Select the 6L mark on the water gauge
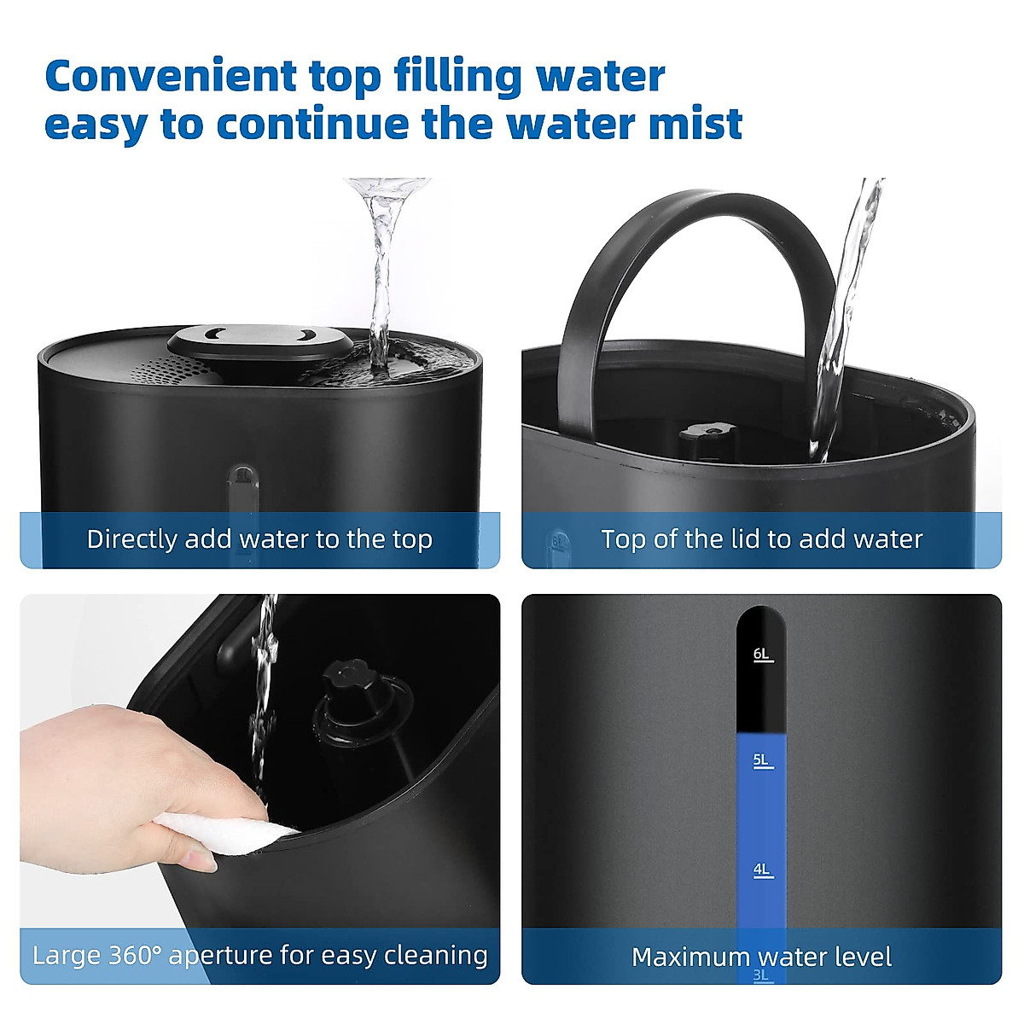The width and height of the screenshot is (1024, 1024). (762, 655)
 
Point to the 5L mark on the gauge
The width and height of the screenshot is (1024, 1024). (762, 760)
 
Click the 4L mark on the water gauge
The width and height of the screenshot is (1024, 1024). (762, 870)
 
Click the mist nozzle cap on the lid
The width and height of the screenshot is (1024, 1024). (260, 341)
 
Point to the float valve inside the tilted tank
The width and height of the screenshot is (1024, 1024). (358, 700)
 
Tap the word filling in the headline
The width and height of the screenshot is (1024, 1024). (458, 77)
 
